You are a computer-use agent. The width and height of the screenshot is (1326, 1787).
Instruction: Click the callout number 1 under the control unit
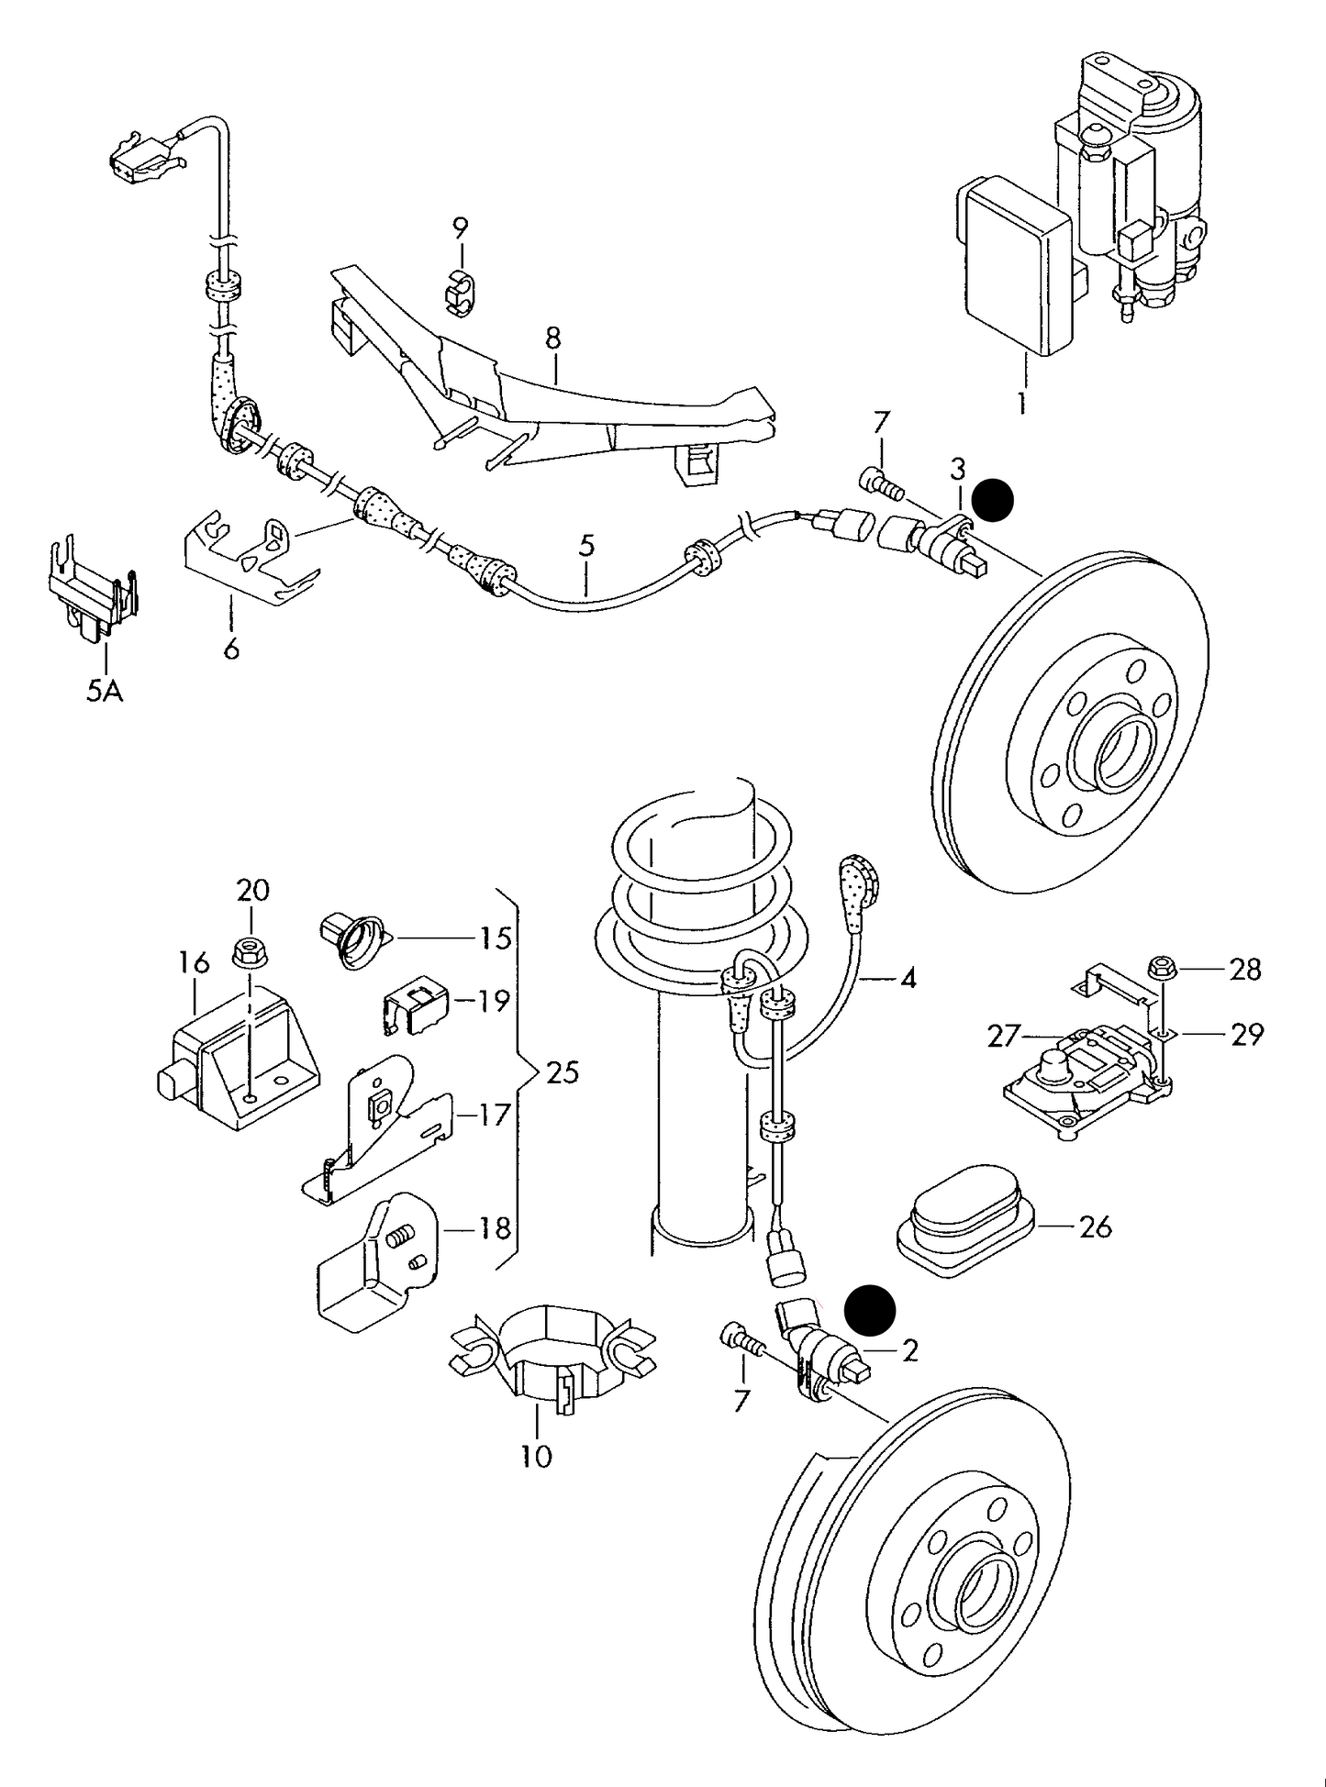(1022, 404)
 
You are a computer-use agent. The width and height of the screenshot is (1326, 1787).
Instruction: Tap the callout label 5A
(105, 690)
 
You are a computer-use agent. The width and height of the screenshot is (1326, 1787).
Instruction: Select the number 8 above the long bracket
(552, 339)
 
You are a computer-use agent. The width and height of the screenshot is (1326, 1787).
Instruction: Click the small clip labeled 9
(462, 290)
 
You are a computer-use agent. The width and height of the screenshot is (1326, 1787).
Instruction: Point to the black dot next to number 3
(993, 501)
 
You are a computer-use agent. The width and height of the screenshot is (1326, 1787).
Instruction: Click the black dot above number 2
(869, 1309)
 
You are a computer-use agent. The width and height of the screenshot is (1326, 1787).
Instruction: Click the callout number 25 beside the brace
(563, 1071)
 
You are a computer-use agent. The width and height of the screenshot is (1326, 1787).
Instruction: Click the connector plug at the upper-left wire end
(136, 159)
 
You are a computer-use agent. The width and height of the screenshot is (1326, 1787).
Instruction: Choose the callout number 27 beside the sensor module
(1004, 1036)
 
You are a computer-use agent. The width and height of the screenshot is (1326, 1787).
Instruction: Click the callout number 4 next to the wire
(908, 979)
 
